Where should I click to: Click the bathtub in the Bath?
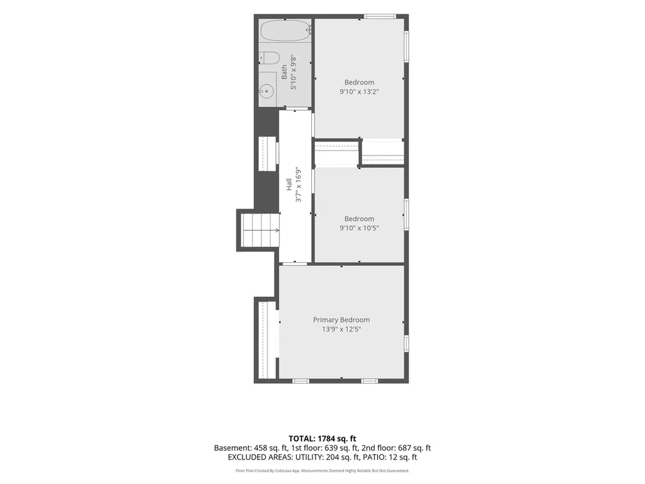click(285, 31)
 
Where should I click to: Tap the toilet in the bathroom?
click(269, 57)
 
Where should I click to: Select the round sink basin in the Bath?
click(266, 91)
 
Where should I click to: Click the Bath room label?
click(284, 72)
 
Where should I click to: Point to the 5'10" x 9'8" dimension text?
click(294, 72)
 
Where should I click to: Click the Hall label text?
click(289, 184)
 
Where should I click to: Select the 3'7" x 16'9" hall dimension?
click(299, 185)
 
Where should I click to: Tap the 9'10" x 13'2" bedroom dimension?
click(359, 92)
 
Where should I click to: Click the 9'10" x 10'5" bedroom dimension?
click(359, 228)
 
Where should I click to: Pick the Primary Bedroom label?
click(341, 320)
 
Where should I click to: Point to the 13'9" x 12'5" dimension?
click(341, 329)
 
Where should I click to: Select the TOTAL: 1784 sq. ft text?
click(322, 439)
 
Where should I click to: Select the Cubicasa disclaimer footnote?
click(322, 470)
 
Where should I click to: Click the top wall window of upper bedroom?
click(380, 17)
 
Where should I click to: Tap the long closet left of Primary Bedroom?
click(267, 340)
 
